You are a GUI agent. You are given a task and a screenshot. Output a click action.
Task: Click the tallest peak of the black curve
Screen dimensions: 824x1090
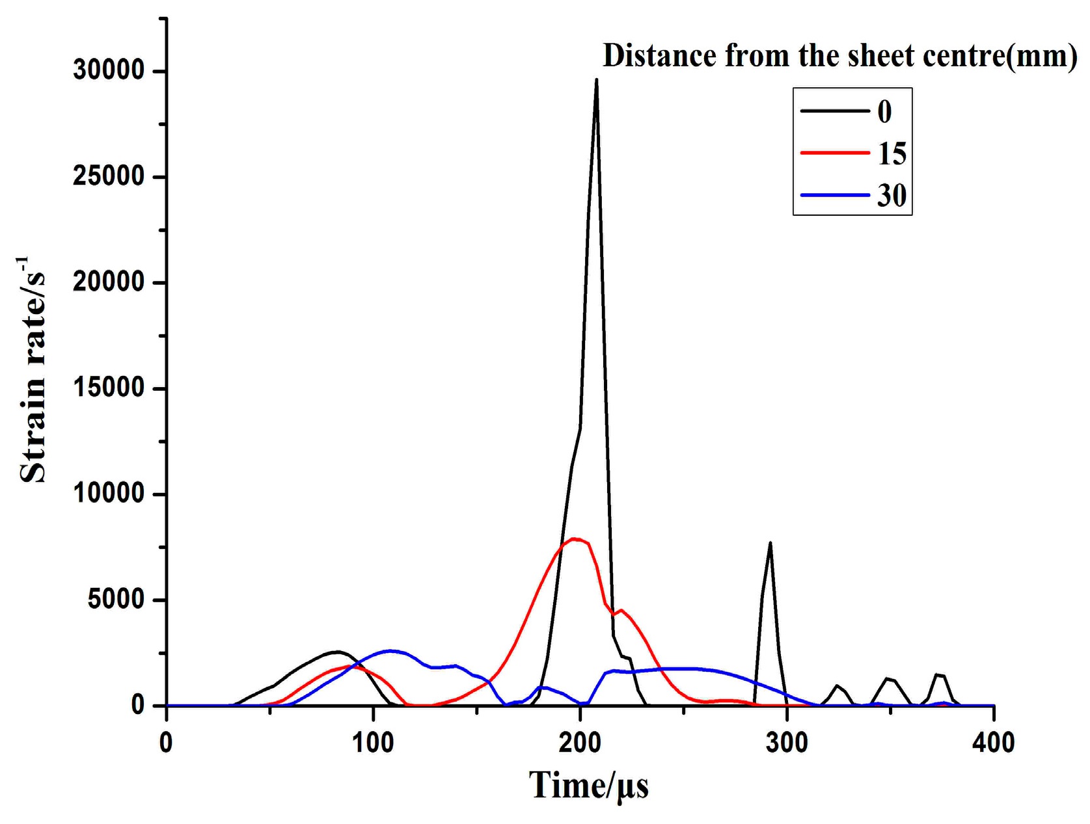coord(596,81)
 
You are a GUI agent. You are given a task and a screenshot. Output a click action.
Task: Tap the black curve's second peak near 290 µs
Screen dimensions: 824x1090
coord(770,543)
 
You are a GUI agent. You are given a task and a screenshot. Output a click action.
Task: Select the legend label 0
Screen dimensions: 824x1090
coord(884,112)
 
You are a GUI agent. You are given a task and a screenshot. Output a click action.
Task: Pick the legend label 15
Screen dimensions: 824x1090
coord(892,153)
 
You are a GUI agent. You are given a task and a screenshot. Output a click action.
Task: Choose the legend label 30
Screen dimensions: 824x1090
coord(892,195)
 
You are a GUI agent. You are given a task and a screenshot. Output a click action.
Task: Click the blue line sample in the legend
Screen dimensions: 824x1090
coord(835,195)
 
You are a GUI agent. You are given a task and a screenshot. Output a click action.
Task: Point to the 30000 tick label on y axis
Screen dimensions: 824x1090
coord(109,70)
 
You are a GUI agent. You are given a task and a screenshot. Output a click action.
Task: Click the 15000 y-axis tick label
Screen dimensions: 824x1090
coord(109,388)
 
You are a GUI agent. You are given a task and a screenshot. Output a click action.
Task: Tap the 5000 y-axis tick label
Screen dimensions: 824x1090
coord(116,600)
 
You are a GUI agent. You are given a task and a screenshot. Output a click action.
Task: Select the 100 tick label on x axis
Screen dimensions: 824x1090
coord(374,743)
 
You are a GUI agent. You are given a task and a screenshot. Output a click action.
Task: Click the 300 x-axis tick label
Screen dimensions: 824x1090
coord(787,743)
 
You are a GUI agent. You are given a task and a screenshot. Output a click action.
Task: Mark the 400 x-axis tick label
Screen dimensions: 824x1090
coord(993,743)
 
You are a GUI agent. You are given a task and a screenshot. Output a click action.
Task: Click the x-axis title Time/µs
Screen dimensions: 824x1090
coord(588,785)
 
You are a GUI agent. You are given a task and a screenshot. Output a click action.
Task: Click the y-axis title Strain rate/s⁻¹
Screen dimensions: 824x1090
coord(33,371)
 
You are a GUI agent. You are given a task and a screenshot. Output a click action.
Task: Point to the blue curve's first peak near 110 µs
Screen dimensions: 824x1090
coord(390,650)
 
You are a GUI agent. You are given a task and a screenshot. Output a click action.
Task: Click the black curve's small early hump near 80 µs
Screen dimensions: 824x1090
coord(336,652)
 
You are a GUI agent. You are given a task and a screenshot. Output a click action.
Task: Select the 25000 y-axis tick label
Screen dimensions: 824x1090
coord(109,176)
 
